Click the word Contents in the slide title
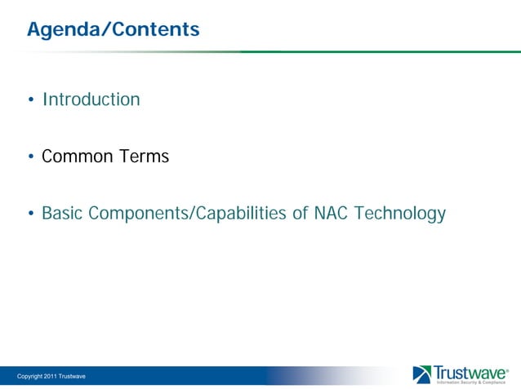(155, 30)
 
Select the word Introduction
(91, 99)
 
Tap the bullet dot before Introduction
(30, 101)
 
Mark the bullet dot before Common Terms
(30, 157)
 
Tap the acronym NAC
(332, 214)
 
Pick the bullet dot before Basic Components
(30, 215)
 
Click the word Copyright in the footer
(20, 375)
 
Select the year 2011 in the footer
(46, 375)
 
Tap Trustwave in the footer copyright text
(72, 375)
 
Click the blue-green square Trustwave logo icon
(422, 374)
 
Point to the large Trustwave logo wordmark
(470, 372)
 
